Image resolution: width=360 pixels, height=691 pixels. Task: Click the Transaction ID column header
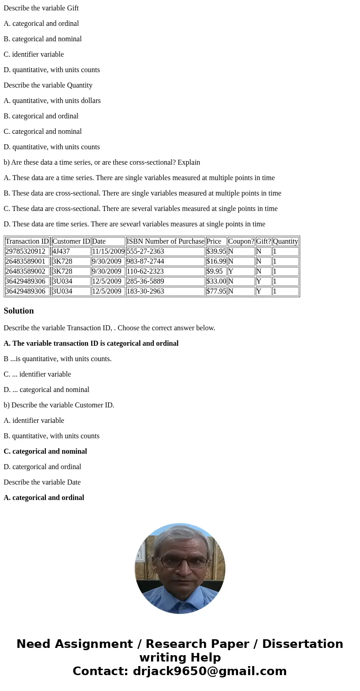[x=27, y=241]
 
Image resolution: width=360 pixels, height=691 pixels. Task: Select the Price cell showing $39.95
[x=216, y=251]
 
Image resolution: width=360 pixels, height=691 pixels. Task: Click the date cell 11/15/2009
[x=108, y=251]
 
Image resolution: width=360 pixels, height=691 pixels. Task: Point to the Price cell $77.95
[x=216, y=291]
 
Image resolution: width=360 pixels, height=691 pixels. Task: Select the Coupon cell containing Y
[x=241, y=271]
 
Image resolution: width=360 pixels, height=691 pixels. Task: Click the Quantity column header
[x=286, y=241]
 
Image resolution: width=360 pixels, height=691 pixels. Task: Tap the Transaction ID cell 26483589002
[x=27, y=271]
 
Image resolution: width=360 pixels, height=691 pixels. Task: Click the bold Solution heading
[x=19, y=311]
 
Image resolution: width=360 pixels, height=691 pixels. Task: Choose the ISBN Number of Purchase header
[x=165, y=241]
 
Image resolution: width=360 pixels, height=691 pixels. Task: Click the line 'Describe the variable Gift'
[x=41, y=8]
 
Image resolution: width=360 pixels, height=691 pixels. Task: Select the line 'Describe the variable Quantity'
[x=48, y=85]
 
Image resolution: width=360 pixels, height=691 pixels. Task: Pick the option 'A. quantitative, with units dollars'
[x=52, y=101]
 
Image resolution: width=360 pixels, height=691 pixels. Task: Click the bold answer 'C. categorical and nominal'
[x=45, y=451]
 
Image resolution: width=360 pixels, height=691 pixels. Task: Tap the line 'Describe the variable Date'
[x=42, y=482]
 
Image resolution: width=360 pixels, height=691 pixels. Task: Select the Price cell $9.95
[x=216, y=271]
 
